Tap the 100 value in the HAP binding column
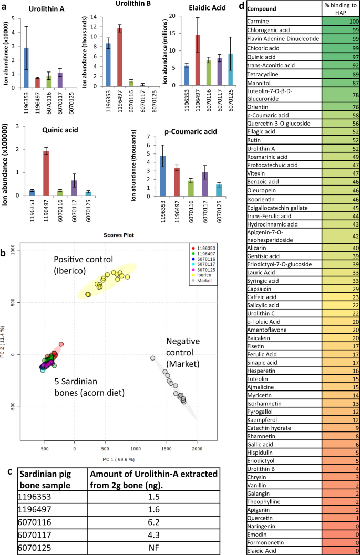click(x=341, y=20)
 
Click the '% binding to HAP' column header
click(x=341, y=8)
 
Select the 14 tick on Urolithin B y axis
click(x=92, y=17)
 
